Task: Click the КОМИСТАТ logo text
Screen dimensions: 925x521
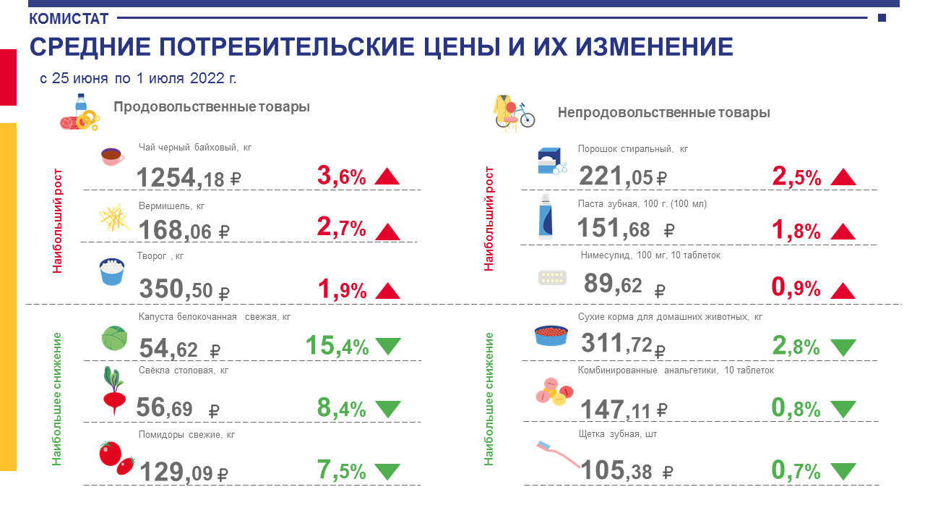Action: coord(69,19)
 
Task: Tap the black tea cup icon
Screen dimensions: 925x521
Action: coord(112,157)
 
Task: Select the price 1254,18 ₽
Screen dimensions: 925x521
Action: coord(189,178)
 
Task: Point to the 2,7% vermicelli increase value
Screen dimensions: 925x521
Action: coord(342,227)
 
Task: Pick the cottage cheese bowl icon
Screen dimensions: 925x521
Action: coord(112,271)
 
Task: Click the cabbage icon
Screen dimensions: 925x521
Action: coord(114,338)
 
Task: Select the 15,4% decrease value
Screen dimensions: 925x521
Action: coord(337,346)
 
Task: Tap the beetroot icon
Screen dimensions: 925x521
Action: coord(114,391)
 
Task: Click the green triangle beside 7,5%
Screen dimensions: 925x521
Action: coord(388,472)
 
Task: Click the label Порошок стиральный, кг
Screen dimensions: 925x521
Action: coord(632,149)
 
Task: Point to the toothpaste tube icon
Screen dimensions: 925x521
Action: coord(546,216)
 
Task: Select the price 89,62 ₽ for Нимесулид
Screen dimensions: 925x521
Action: coord(624,285)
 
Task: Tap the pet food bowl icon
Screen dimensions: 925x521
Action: coord(551,335)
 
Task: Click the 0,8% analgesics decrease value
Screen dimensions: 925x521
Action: coord(796,409)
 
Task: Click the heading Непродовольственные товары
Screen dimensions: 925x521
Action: coord(663,112)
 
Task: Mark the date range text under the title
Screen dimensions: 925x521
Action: coord(138,78)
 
